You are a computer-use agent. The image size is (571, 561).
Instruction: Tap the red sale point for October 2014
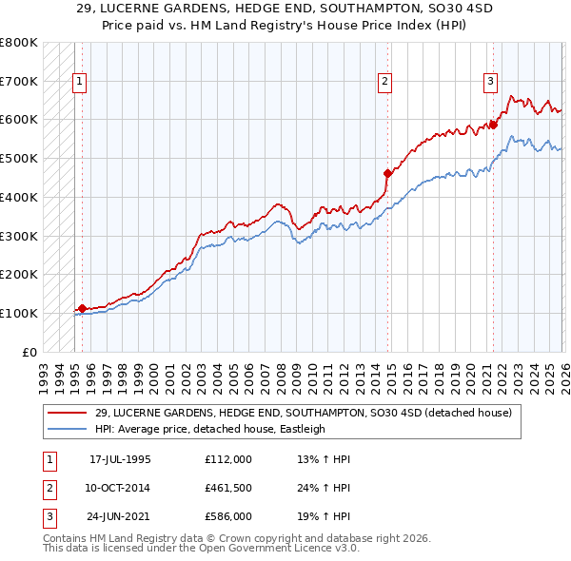click(387, 173)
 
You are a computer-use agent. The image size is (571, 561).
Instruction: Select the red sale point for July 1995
click(82, 308)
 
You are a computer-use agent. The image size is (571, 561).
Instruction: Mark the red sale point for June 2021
click(493, 125)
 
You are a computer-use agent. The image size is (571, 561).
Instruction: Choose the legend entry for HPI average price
click(210, 429)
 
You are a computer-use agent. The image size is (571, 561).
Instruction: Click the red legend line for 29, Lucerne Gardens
click(68, 413)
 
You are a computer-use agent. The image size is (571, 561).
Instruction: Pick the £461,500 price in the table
click(227, 488)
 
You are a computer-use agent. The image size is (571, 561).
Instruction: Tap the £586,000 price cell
click(227, 517)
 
